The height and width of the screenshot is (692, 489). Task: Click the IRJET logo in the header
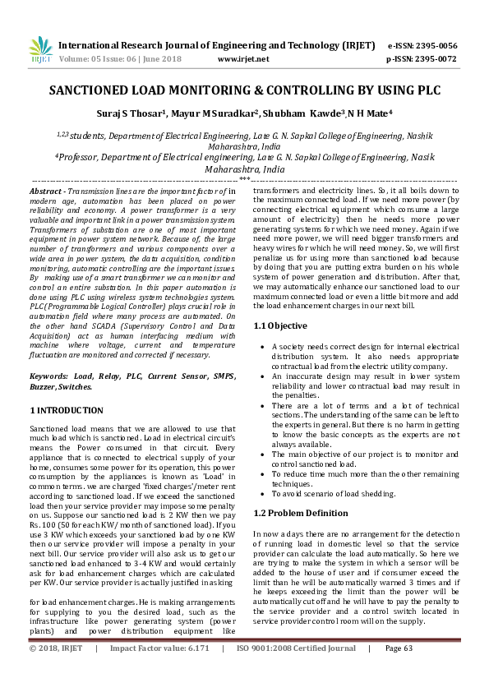tap(40, 49)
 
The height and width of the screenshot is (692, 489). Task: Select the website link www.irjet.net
tap(242, 59)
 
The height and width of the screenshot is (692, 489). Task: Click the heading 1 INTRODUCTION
tap(67, 410)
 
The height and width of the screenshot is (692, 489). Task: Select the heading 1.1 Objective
tap(280, 349)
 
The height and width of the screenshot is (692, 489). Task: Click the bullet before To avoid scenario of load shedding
tap(261, 493)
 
